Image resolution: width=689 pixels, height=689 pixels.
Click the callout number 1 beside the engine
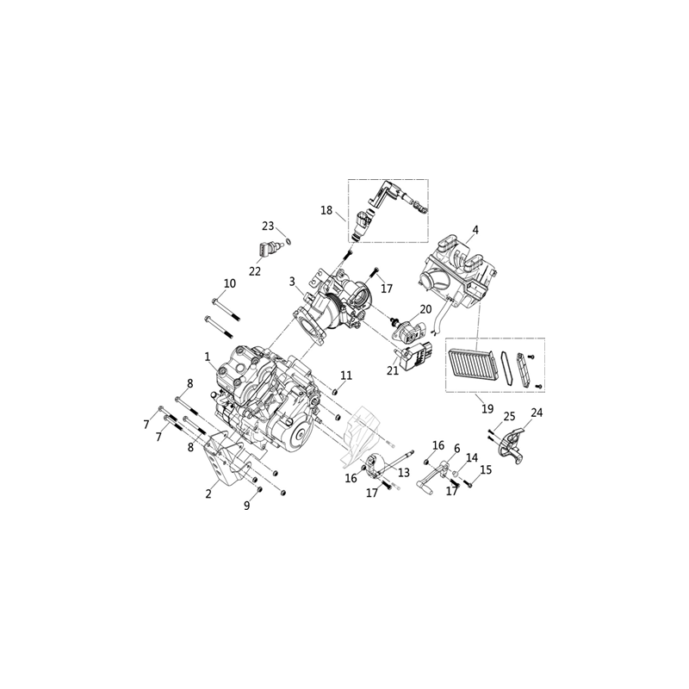point(208,357)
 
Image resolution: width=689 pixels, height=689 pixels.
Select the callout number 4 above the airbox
point(475,230)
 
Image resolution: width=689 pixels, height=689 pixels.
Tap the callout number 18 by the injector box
point(326,210)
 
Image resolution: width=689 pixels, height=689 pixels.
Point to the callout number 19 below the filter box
point(487,408)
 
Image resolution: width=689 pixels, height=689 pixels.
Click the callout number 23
point(268,227)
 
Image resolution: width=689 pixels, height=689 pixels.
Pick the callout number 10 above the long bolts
point(230,283)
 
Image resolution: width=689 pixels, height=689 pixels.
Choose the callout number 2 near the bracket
point(208,493)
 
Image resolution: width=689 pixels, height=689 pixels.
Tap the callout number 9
point(247,506)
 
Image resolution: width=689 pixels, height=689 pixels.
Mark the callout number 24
point(537,413)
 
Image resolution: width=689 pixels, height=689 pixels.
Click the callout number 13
point(403,472)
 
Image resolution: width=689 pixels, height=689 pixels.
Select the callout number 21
point(393,370)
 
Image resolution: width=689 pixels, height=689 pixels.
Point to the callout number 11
point(346,376)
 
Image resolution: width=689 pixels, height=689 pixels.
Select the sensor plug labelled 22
point(265,251)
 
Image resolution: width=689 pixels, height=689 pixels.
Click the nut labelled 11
point(334,392)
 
